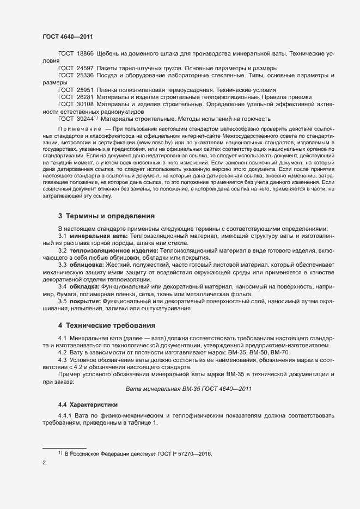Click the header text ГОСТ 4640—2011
pos(68,36)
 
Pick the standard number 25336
pos(86,75)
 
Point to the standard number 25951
pos(86,89)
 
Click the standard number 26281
pos(86,96)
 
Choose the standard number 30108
pos(86,103)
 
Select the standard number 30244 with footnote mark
pos(87,118)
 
